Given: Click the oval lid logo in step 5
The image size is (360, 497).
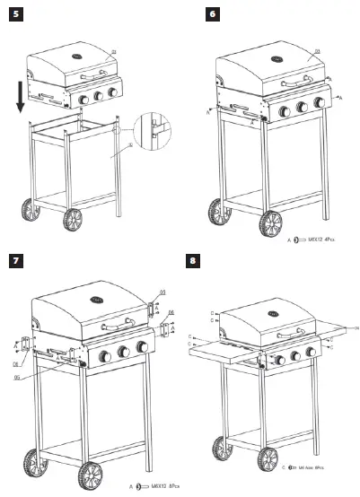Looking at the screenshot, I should (x=79, y=60).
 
